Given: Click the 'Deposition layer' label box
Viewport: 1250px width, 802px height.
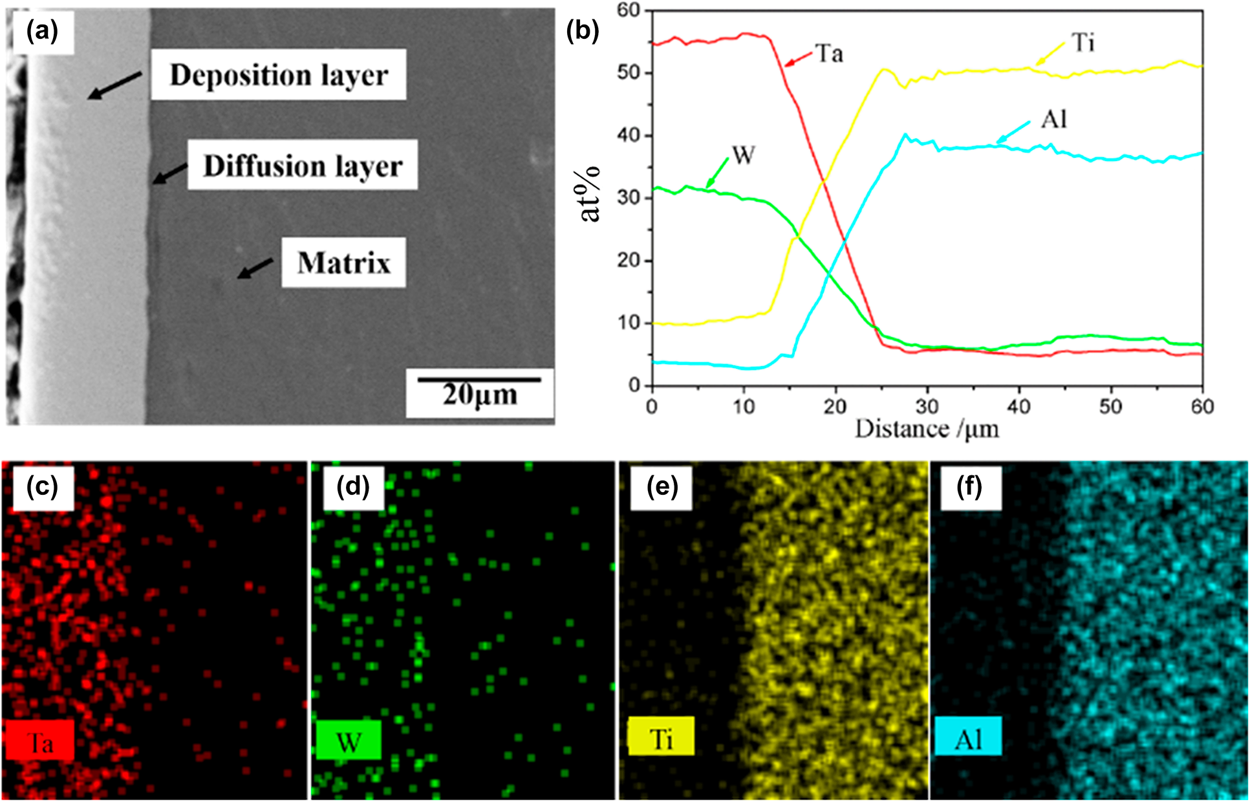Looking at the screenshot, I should click(279, 75).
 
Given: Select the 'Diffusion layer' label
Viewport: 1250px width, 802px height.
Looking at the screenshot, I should click(303, 166).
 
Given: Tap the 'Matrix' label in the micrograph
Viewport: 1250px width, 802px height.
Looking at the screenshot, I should click(343, 263).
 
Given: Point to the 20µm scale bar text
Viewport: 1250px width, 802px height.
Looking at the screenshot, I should click(480, 394).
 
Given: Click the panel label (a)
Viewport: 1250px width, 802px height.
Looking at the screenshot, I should click(41, 30).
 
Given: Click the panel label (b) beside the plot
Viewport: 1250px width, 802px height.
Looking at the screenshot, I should click(582, 30).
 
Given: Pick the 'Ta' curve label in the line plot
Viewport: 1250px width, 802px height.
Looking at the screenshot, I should click(829, 53).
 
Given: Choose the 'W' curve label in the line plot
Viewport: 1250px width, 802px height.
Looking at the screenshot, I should click(744, 155).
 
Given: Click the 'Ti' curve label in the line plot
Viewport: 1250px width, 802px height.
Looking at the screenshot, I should click(1083, 43).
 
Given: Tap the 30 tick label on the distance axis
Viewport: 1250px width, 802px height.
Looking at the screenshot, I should click(927, 407).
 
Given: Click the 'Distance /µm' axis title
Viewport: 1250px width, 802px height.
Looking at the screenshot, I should click(927, 429).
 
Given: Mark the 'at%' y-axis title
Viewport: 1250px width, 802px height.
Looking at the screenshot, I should click(590, 194).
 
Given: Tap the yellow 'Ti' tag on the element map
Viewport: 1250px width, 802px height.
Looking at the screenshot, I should click(661, 737).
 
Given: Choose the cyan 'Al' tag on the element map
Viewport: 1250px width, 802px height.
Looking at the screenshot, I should click(968, 737).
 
